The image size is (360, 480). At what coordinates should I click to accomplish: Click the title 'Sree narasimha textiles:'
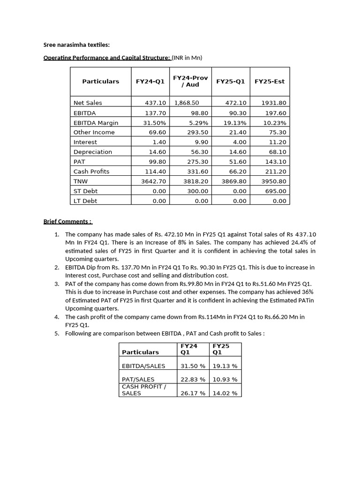pyautogui.click(x=76, y=45)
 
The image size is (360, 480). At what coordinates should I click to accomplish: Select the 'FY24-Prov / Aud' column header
pyautogui.click(x=190, y=81)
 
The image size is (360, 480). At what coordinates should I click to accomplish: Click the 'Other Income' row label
pyautogui.click(x=94, y=132)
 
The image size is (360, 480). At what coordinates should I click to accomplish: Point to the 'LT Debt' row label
pyautogui.click(x=85, y=201)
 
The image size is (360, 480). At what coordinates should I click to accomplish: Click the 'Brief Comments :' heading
pyautogui.click(x=68, y=221)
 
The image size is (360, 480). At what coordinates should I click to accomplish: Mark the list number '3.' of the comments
pyautogui.click(x=56, y=284)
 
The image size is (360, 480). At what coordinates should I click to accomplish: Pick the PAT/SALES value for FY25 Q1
pyautogui.click(x=225, y=379)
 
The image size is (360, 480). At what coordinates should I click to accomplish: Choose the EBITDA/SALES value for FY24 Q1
pyautogui.click(x=193, y=366)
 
